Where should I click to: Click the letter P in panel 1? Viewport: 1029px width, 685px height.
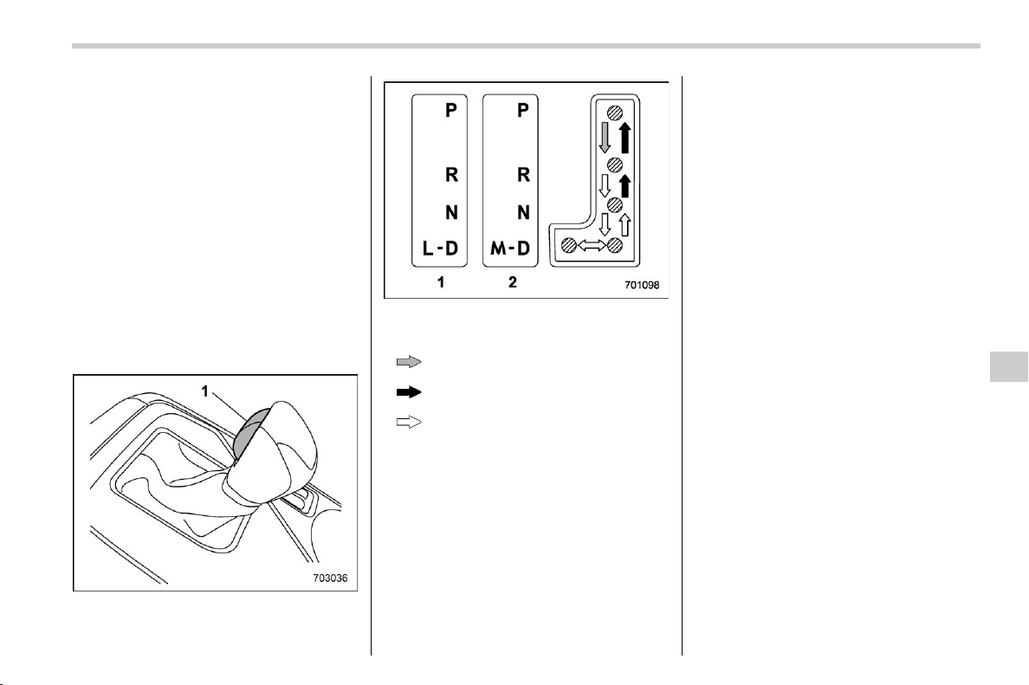click(451, 110)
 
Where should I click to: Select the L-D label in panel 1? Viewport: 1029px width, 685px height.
click(440, 248)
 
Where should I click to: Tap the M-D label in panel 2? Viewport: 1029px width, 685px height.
click(510, 248)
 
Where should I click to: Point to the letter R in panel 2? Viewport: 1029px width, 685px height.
click(523, 175)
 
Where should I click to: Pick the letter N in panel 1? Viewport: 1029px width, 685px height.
click(451, 212)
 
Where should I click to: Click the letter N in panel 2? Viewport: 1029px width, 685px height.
click(523, 212)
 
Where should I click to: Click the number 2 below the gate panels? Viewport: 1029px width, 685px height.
click(513, 282)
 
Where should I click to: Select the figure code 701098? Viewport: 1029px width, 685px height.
click(642, 286)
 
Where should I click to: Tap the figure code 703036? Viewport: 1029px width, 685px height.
click(330, 578)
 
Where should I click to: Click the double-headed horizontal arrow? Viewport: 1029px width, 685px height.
click(592, 245)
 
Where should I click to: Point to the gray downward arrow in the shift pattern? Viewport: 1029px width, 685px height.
click(605, 138)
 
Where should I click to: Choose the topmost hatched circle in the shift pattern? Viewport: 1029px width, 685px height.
click(615, 113)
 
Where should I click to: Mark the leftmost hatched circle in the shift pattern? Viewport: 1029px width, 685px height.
click(569, 245)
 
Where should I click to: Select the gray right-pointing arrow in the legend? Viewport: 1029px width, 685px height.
click(408, 361)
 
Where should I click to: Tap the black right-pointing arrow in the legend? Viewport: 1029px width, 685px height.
click(408, 392)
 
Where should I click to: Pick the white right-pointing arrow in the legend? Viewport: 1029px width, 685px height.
click(408, 423)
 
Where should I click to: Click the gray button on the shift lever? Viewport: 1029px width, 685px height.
click(249, 431)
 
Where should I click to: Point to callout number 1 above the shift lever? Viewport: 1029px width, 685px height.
click(204, 391)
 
